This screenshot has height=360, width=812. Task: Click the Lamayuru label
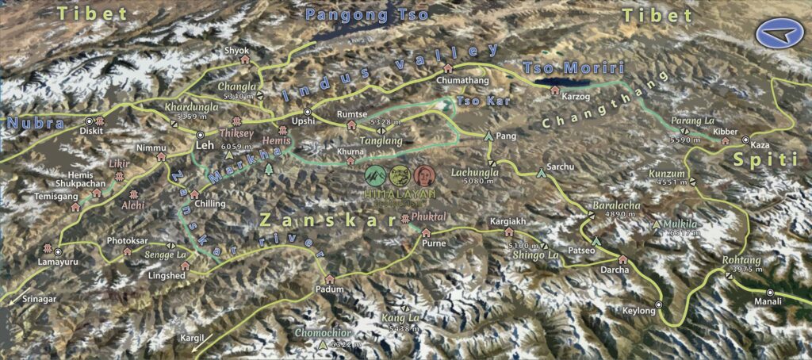tap(57, 262)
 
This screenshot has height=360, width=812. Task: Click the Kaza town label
tap(760, 147)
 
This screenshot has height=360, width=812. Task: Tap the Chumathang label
tap(460, 80)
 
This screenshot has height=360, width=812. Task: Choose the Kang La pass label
tap(400, 318)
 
